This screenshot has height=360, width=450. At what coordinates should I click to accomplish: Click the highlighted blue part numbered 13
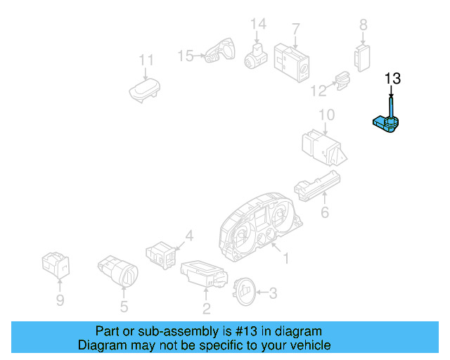[385, 125]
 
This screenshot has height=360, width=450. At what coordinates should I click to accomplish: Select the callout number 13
[392, 78]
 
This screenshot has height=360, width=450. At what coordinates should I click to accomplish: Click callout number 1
[285, 259]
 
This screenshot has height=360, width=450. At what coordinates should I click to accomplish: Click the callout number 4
[188, 235]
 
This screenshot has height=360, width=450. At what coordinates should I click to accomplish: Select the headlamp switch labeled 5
[117, 270]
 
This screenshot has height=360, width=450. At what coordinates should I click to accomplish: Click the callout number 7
[296, 29]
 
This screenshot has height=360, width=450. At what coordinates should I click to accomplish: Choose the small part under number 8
[363, 56]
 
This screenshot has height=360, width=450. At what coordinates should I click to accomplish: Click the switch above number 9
[56, 265]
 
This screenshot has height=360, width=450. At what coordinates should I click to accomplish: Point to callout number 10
[326, 115]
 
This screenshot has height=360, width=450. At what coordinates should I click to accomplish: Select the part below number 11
[145, 90]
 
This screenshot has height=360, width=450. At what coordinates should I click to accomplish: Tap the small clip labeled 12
[342, 82]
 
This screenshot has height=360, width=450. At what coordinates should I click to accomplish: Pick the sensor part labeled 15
[219, 53]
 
